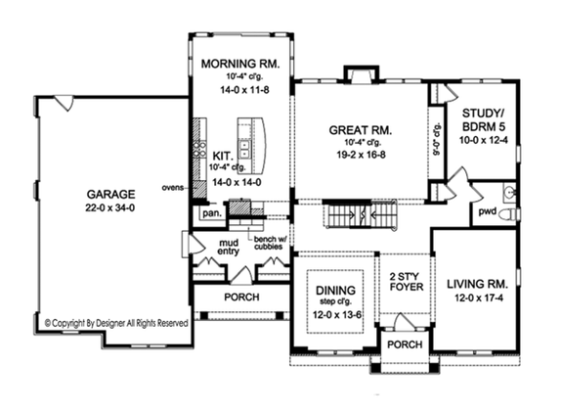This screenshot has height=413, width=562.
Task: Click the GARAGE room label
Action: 109,192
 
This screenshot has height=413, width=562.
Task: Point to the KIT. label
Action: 222,154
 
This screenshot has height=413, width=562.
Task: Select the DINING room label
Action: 335,291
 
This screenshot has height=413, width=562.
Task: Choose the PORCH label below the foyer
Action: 403,346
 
